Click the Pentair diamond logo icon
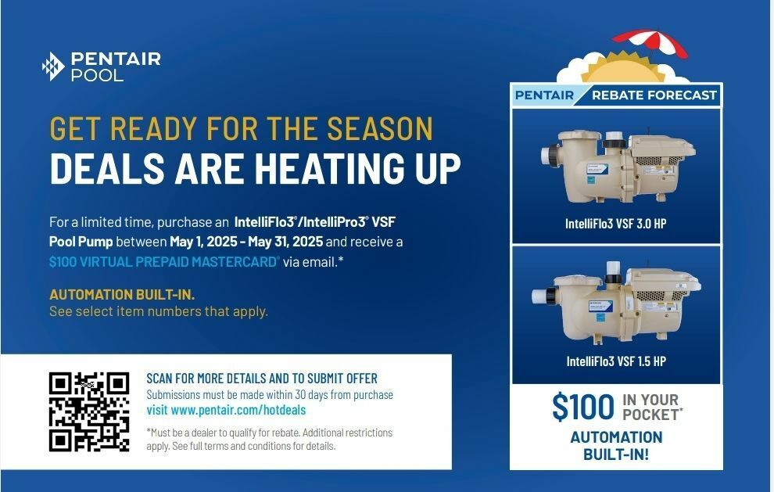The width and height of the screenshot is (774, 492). (53, 66)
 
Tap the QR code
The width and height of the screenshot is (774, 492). (89, 412)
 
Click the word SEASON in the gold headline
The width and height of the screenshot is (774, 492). (380, 128)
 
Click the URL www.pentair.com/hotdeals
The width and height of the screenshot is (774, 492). (238, 410)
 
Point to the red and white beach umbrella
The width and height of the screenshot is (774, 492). (650, 43)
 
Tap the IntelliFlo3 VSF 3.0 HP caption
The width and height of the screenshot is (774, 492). (615, 224)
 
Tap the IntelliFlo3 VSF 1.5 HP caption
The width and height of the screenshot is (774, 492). (616, 361)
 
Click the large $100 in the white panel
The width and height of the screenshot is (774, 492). (583, 407)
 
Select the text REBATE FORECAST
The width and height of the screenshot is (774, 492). (654, 95)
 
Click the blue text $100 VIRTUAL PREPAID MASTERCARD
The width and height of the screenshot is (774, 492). (164, 262)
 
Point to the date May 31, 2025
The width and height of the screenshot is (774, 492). (285, 242)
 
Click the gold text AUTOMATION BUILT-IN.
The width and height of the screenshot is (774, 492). (122, 295)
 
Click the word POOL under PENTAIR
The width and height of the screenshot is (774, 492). (97, 75)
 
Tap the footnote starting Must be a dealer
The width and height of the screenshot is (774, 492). (269, 439)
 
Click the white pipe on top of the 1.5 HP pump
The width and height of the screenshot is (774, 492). (613, 272)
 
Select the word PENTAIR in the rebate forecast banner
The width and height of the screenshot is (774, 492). (544, 95)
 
